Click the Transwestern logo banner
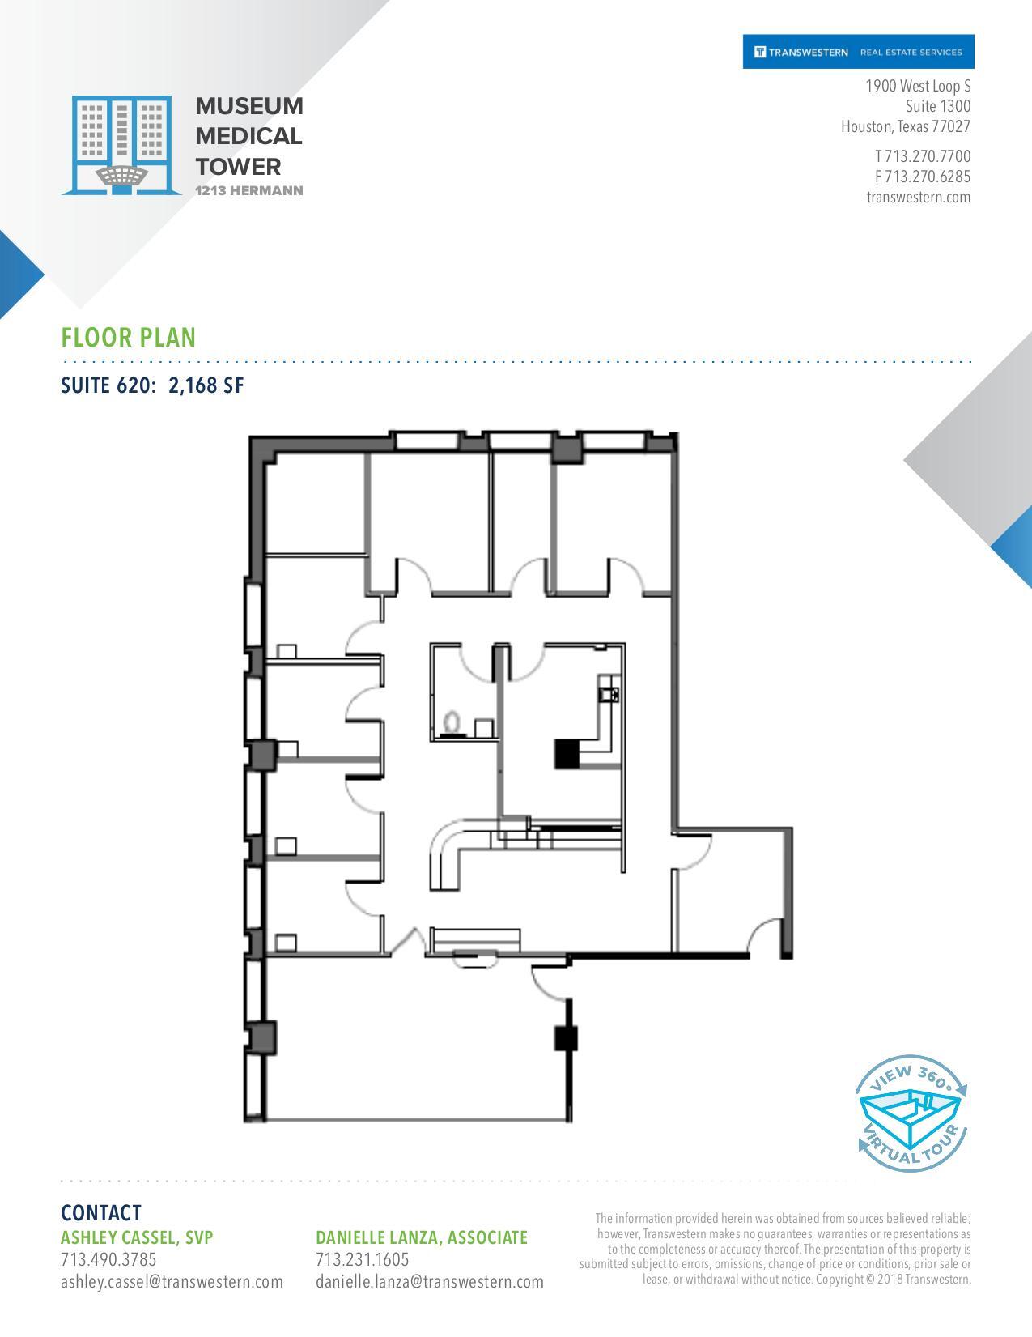(858, 52)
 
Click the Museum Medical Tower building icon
(121, 145)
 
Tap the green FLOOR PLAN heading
(128, 337)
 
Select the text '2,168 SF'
(206, 385)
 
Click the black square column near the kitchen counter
(567, 753)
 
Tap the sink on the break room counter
(608, 693)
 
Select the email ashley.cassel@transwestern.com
(172, 1281)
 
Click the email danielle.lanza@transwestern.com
(429, 1281)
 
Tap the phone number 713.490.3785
(108, 1259)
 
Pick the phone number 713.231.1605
(362, 1259)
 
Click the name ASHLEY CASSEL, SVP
(137, 1237)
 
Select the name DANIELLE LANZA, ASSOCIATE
(421, 1237)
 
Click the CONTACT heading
(100, 1212)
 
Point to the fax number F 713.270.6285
(922, 177)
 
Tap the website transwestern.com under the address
(918, 197)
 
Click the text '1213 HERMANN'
(249, 191)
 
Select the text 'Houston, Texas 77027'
(905, 126)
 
